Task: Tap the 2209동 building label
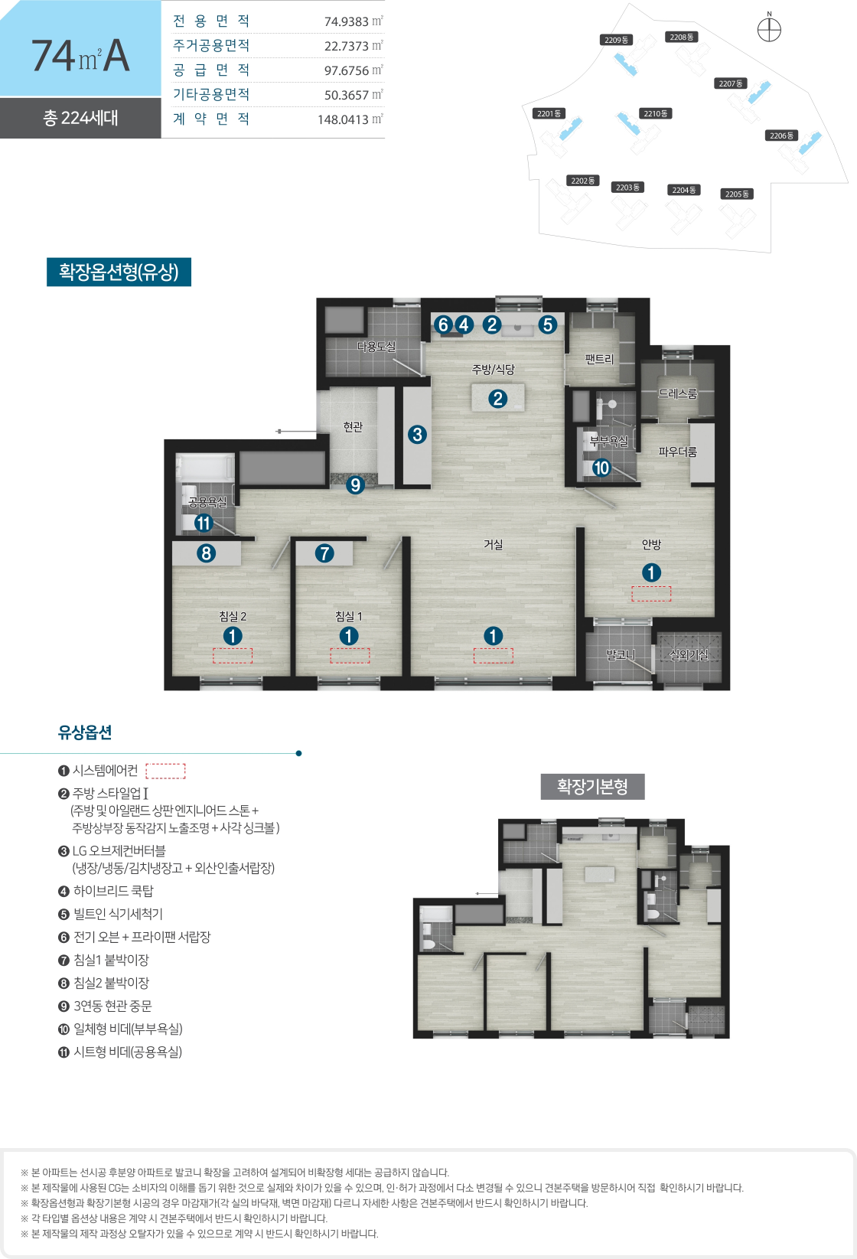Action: (x=617, y=40)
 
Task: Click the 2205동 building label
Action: (x=737, y=194)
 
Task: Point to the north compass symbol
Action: (x=769, y=30)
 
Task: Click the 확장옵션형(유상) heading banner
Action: (x=119, y=272)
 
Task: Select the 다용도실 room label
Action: (x=376, y=347)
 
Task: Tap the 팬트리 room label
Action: (x=600, y=359)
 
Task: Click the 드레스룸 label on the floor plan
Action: (x=678, y=393)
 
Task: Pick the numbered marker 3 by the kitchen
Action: (x=417, y=435)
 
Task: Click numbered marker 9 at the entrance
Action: (x=354, y=484)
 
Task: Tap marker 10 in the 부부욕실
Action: (x=601, y=468)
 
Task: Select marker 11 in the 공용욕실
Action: (x=203, y=523)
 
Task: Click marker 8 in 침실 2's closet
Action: (x=207, y=553)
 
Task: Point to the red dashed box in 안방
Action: (x=651, y=594)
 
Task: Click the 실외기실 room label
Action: (x=689, y=655)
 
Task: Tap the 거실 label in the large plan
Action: (x=494, y=544)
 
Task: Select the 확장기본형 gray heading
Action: (x=592, y=786)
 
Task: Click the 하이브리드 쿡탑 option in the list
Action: (x=106, y=891)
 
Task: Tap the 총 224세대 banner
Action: (x=80, y=118)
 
